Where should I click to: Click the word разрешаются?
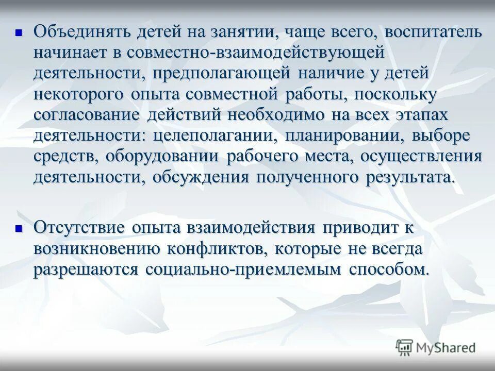point(86,269)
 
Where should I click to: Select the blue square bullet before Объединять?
point(19,32)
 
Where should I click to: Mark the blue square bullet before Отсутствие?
point(19,228)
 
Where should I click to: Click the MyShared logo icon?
point(404,347)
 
